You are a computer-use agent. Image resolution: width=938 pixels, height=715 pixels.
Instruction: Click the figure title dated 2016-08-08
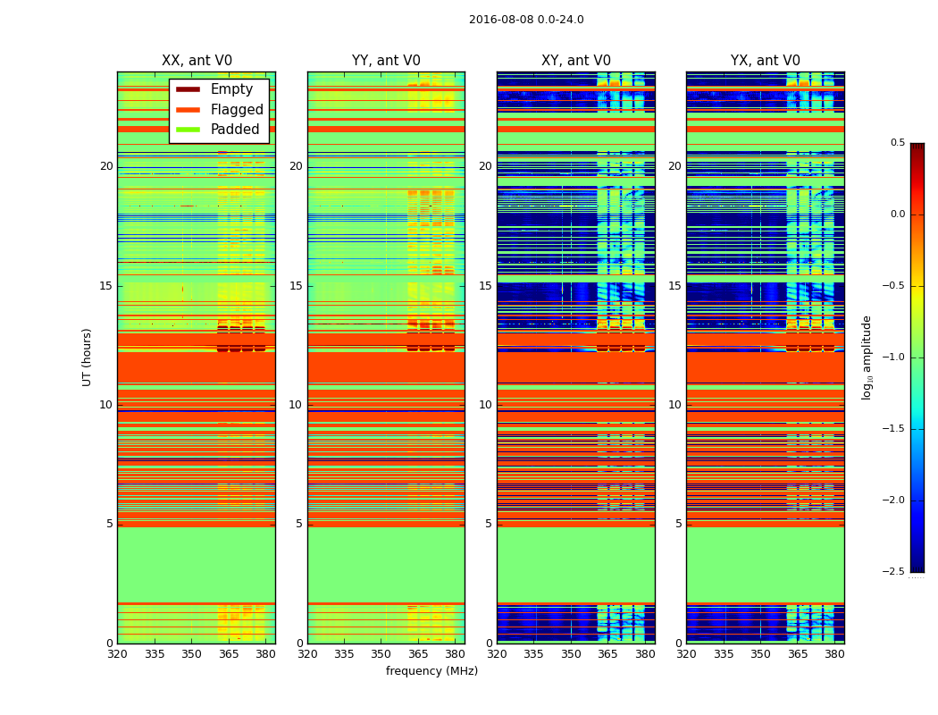point(526,20)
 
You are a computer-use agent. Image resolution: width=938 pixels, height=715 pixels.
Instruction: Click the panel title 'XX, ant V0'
point(197,61)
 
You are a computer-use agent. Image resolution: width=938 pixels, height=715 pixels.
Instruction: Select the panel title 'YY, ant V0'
point(386,61)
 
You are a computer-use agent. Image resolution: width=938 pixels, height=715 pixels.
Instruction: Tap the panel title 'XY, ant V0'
point(576,61)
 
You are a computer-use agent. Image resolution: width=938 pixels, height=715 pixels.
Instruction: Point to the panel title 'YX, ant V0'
point(766,61)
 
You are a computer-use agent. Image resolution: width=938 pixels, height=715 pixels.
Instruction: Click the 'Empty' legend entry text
point(231,89)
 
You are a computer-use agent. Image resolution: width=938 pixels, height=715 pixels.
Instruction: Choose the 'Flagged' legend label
point(237,110)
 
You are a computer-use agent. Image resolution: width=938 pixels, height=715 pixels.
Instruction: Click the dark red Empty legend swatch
point(188,89)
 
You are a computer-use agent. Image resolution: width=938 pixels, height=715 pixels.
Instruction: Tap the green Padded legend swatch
point(188,130)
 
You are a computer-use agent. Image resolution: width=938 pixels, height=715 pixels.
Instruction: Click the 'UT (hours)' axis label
point(88,357)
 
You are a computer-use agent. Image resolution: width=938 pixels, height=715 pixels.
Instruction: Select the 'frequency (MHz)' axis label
point(431,671)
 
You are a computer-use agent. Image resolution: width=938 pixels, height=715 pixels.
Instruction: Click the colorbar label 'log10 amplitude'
point(867,357)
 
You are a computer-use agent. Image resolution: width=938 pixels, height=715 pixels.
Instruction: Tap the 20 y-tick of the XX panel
point(106,166)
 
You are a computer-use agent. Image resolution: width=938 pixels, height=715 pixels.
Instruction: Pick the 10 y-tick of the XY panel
point(485,405)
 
